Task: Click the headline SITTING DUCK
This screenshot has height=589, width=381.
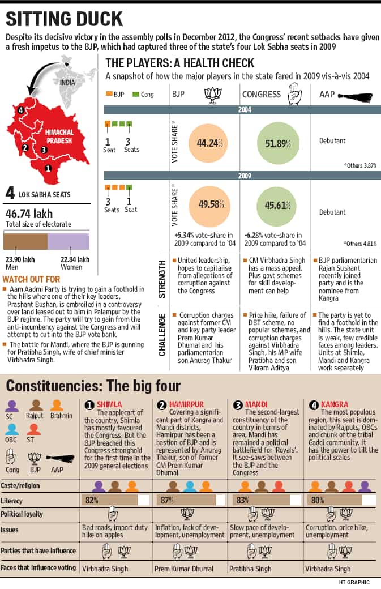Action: (65, 19)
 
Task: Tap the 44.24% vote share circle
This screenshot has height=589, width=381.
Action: (209, 143)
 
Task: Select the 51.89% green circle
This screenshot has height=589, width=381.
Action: (278, 143)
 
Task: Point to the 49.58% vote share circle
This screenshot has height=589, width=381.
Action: (211, 204)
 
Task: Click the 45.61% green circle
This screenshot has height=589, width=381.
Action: (277, 206)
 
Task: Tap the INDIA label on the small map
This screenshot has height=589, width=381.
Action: (67, 82)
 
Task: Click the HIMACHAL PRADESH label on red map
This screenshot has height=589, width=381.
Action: (59, 136)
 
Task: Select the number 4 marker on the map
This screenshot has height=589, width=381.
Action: (20, 110)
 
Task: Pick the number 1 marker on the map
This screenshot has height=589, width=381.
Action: (48, 168)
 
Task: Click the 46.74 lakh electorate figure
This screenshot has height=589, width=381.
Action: (29, 214)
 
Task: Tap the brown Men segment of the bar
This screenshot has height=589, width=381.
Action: (25, 241)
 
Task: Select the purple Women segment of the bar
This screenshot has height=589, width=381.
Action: (69, 241)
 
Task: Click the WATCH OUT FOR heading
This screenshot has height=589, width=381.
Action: (31, 279)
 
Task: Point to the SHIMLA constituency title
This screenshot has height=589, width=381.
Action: (109, 404)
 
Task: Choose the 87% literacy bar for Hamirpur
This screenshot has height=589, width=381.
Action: (186, 500)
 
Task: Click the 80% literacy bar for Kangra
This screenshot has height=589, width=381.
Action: (335, 500)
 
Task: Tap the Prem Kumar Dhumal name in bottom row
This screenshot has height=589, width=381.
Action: (184, 569)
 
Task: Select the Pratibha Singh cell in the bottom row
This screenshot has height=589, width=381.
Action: (250, 569)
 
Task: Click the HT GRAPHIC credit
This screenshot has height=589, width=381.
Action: (354, 582)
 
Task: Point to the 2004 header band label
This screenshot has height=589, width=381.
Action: (245, 110)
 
